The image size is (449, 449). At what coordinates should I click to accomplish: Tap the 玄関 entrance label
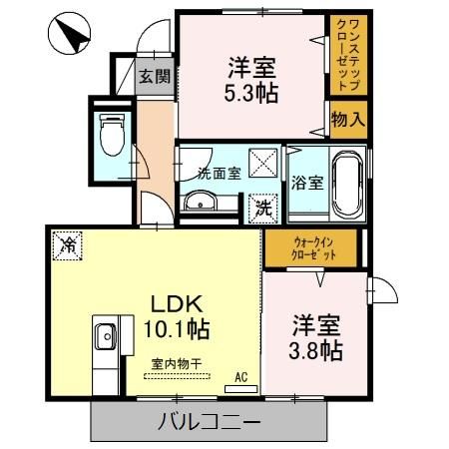pos(155,77)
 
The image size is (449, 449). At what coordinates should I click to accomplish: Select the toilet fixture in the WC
pos(112,135)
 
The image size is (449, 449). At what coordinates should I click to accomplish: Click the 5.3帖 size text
pos(251,93)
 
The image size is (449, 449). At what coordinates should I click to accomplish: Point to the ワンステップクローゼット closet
pos(348,55)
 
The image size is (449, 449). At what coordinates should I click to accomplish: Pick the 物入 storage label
pos(348,120)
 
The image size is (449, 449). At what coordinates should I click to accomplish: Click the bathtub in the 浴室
pos(347,183)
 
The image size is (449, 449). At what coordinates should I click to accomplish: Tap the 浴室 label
pos(307,183)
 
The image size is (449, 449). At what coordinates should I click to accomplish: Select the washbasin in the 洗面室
pos(201,201)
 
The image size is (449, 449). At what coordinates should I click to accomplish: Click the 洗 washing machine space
pos(263,209)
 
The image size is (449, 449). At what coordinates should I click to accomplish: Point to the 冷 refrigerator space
pos(67,245)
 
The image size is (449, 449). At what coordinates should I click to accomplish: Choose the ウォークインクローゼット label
pos(313,248)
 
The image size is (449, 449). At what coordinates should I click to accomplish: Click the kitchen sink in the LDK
pos(106,336)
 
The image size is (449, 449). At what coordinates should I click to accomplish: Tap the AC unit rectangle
pos(241,389)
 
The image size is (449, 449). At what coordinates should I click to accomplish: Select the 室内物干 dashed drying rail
pos(177,376)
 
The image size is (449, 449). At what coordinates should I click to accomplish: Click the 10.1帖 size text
pos(177,329)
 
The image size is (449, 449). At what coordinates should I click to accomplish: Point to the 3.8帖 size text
pos(315,350)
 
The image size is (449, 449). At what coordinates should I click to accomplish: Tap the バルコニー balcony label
pos(209,422)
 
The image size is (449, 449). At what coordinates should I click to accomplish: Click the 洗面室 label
pos(220,174)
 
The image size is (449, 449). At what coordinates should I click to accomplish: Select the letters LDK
pos(177,303)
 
